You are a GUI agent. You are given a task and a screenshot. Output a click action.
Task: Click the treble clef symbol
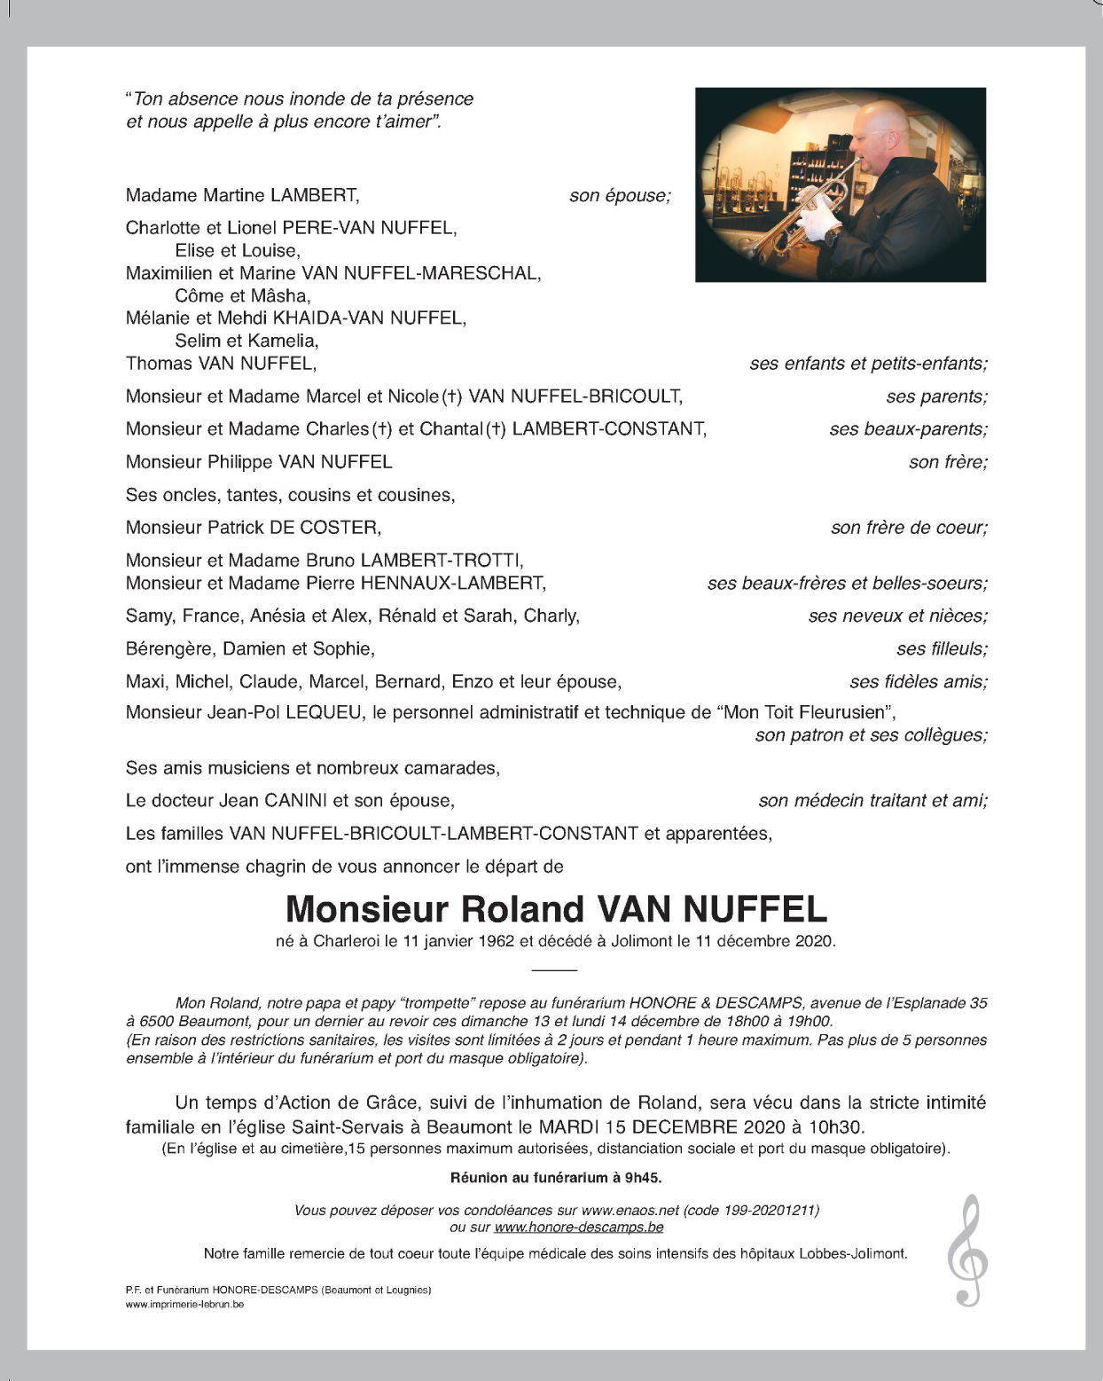pos(966,1251)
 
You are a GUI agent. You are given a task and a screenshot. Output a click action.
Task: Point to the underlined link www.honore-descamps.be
pos(579,1228)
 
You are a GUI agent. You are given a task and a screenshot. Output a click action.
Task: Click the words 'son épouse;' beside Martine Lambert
pos(620,195)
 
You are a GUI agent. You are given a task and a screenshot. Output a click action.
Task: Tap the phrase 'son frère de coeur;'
pos(909,528)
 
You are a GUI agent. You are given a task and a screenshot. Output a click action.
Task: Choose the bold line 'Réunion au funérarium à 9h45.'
pos(556,1178)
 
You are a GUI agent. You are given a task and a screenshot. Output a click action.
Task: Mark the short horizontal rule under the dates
pos(555,970)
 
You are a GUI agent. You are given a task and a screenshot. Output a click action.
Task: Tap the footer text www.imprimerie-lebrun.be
pos(184,1304)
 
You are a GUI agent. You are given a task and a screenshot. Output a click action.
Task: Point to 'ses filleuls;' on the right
pos(942,649)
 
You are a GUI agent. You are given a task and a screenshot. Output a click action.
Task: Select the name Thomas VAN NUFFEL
pos(221,364)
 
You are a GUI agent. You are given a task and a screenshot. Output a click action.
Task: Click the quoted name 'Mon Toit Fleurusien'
pos(806,712)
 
